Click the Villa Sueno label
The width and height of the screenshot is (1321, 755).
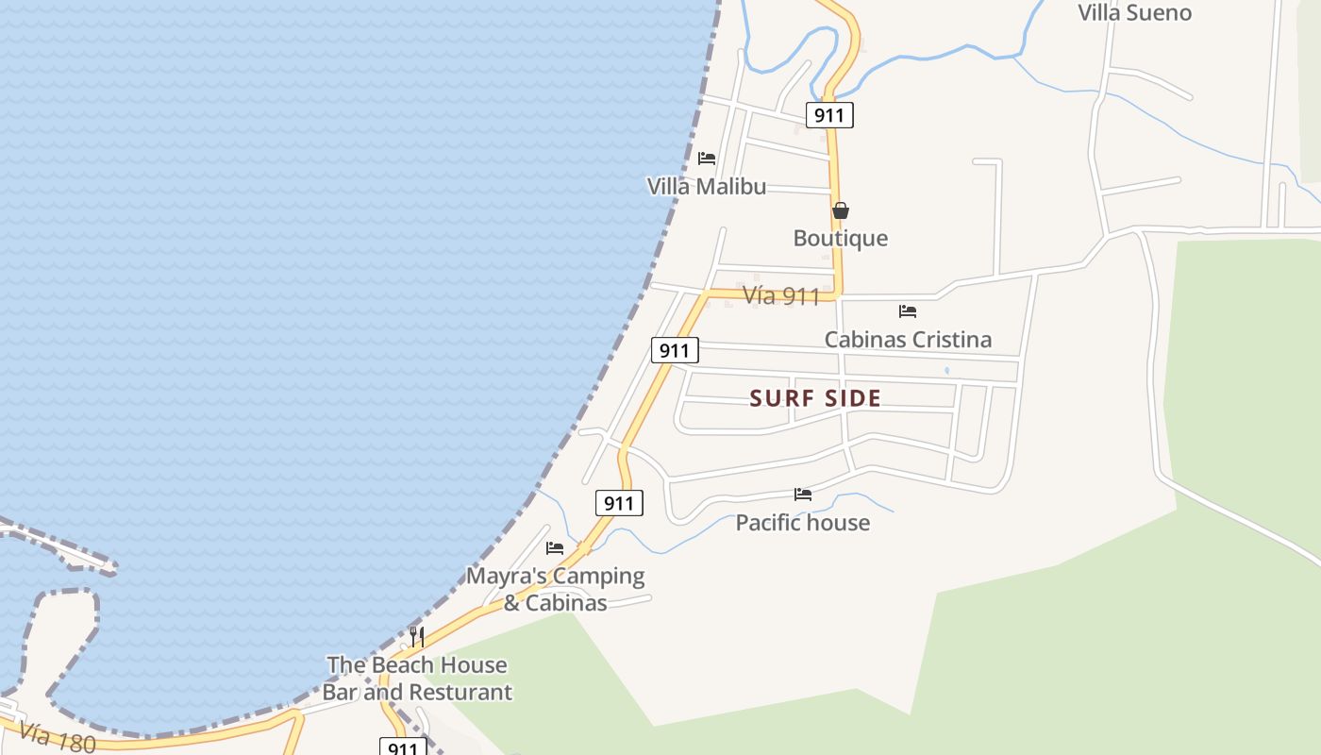1134,12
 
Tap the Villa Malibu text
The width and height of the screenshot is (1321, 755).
706,186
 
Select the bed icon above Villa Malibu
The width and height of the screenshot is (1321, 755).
706,158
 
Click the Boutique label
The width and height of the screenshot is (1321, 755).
840,238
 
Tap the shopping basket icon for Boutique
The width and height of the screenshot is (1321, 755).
840,210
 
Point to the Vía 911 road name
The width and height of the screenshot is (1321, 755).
781,295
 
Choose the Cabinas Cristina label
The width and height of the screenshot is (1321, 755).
908,339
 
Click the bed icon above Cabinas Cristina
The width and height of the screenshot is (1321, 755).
908,310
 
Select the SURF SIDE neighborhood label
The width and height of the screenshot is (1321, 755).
815,398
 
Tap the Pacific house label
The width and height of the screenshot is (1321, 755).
802,522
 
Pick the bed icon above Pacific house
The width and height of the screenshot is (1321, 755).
803,494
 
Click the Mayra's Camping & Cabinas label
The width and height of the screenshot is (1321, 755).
555,588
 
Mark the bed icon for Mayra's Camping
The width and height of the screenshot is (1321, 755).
555,547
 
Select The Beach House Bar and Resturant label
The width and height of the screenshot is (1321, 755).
417,678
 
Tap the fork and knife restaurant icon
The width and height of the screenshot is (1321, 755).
416,636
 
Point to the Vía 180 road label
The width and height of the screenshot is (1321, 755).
57,737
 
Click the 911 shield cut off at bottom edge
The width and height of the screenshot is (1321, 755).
402,747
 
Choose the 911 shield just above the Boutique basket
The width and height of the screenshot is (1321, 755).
829,115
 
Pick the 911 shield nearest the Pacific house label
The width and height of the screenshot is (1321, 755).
619,503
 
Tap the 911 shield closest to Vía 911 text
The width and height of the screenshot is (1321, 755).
674,350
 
